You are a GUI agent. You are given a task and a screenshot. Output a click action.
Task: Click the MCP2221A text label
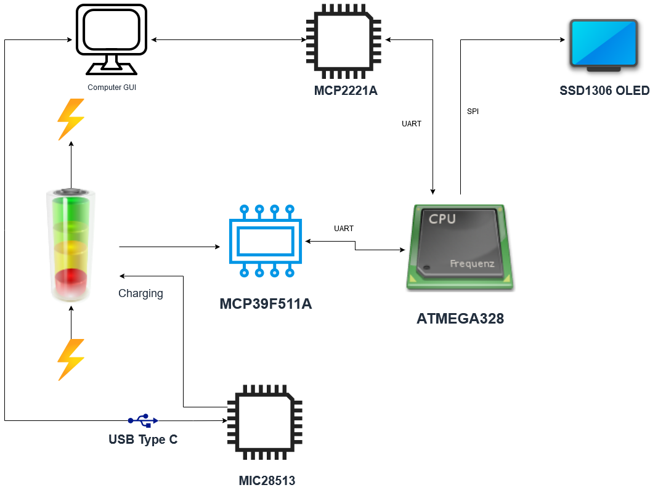(x=346, y=91)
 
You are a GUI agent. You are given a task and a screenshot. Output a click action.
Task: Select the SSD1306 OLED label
(x=604, y=91)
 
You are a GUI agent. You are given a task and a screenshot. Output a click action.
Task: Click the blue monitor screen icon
(x=603, y=43)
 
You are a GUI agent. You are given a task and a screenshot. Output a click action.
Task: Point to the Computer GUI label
(x=112, y=88)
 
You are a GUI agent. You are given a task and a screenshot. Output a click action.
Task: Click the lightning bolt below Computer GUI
(x=70, y=119)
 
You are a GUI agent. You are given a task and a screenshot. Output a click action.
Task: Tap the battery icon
(x=71, y=247)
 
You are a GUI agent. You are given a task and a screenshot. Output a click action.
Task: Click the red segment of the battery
(x=71, y=281)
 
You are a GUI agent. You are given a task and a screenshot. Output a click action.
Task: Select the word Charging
(x=140, y=293)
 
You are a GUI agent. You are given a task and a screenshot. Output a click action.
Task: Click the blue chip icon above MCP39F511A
(x=266, y=241)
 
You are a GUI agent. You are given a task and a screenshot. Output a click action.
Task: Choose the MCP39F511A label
(x=266, y=304)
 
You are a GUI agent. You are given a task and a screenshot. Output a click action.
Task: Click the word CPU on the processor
(x=442, y=219)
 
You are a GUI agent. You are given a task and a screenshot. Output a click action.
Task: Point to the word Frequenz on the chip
(x=472, y=264)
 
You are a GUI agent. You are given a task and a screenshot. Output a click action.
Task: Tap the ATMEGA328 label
(x=460, y=319)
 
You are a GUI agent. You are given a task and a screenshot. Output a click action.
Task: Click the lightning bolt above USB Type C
(x=70, y=359)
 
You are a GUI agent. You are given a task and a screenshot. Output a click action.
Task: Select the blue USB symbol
(x=143, y=420)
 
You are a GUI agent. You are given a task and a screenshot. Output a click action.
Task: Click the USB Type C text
(x=143, y=439)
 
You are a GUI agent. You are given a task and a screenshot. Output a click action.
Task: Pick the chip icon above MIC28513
(x=265, y=422)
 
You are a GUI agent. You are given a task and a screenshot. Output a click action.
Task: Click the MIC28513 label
(x=267, y=481)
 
